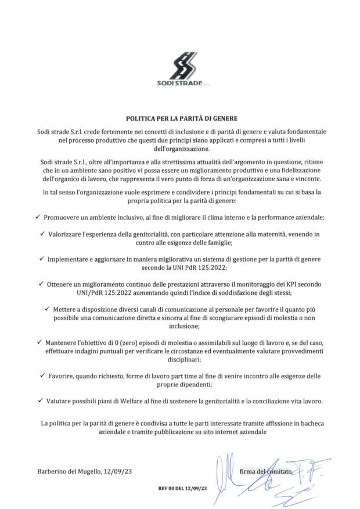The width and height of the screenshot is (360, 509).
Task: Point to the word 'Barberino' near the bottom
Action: tap(54, 471)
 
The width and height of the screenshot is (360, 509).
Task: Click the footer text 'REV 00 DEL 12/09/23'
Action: tap(182, 489)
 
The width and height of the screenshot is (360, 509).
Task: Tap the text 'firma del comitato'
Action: tap(267, 472)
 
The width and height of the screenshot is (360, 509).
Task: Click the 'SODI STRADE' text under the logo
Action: tap(179, 82)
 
